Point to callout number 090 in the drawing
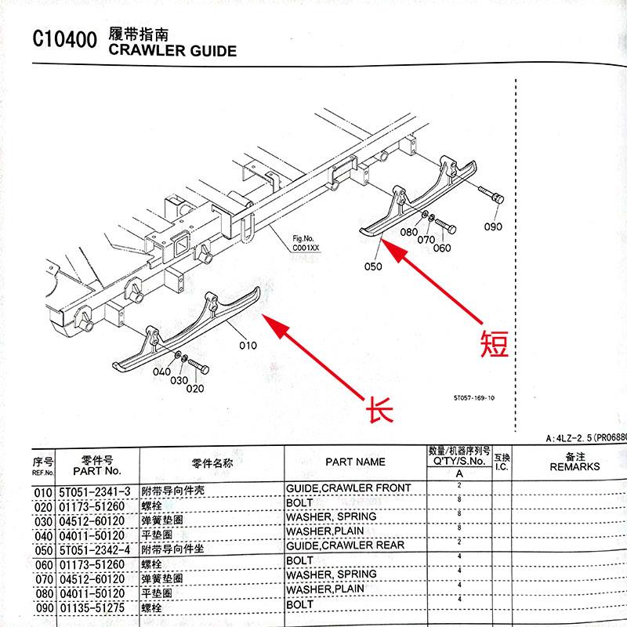click(x=492, y=227)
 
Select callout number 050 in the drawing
click(x=373, y=266)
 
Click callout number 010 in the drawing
click(x=248, y=344)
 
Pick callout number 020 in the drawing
click(x=194, y=388)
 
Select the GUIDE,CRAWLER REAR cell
click(x=346, y=545)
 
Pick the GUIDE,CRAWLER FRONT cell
click(x=349, y=488)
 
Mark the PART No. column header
click(x=96, y=471)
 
